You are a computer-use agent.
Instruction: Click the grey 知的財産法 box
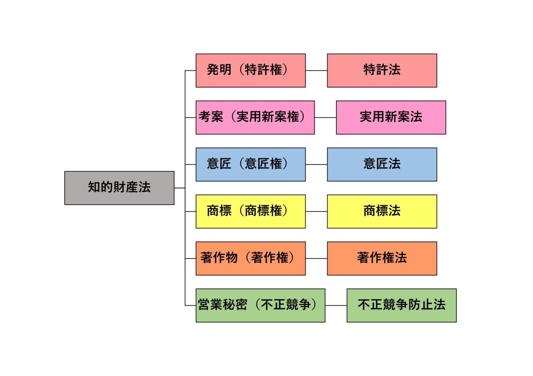119,188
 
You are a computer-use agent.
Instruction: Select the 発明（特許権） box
251,70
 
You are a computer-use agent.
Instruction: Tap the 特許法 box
382,70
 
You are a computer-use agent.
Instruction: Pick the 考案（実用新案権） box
255,117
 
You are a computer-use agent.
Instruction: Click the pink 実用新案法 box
391,117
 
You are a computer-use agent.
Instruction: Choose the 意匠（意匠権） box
251,164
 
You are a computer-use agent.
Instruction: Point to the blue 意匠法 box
382,164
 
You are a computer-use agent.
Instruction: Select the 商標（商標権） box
251,211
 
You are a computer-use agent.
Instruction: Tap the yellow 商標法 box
382,211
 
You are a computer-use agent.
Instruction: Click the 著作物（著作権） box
251,259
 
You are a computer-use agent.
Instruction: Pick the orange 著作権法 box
382,259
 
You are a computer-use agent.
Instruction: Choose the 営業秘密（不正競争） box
260,305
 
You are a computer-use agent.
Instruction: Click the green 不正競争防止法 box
401,305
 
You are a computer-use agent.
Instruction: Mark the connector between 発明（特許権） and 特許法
316,71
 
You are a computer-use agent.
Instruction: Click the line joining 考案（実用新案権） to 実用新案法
325,117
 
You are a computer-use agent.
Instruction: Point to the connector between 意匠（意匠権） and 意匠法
316,165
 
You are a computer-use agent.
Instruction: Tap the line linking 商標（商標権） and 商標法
316,211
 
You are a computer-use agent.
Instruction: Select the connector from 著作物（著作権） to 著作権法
316,259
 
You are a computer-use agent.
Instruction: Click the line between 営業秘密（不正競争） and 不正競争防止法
336,306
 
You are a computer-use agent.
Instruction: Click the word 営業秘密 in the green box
222,305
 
